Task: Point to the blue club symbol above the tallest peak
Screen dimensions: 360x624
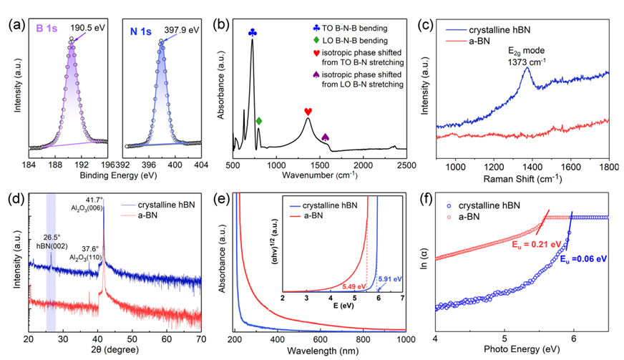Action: [252, 32]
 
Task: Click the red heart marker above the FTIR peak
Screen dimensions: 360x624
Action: [308, 111]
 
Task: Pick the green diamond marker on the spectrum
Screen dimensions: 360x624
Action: [259, 121]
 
